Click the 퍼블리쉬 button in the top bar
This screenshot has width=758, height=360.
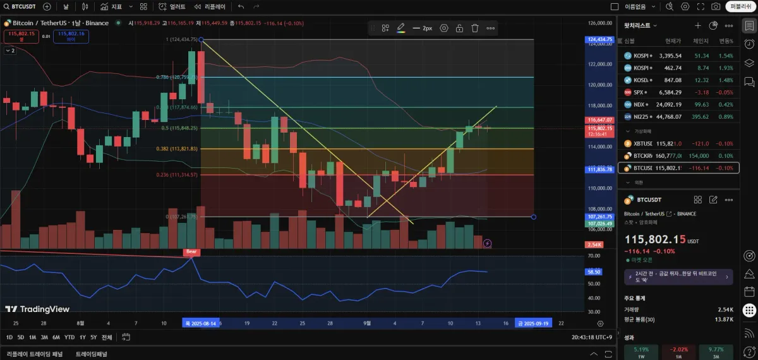tap(740, 6)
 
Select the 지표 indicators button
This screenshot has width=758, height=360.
tap(113, 6)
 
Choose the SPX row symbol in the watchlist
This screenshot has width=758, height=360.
tap(639, 92)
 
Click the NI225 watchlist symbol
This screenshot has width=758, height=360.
tap(641, 116)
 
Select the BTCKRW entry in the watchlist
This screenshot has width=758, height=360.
tap(643, 156)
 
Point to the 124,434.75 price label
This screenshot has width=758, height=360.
tap(599, 39)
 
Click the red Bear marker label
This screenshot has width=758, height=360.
tap(191, 251)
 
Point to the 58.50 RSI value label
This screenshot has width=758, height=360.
tap(594, 272)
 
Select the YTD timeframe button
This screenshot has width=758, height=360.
tap(69, 337)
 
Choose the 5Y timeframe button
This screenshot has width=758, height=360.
tap(93, 337)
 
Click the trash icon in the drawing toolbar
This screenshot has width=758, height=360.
tap(475, 28)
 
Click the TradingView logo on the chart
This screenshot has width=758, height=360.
tap(37, 309)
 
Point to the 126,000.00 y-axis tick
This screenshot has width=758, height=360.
tap(600, 23)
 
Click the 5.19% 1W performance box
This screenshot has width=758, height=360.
tap(641, 351)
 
